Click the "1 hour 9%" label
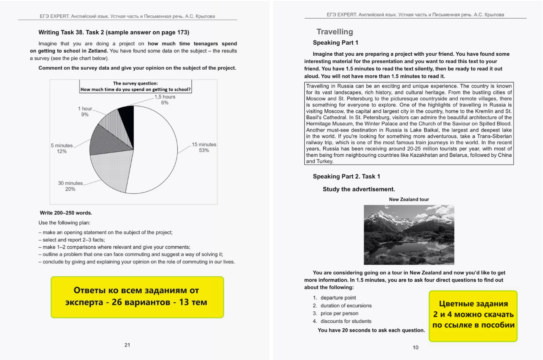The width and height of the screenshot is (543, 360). (85, 111)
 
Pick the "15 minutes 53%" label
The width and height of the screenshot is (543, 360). (204, 148)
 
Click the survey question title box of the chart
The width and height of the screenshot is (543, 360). (137, 86)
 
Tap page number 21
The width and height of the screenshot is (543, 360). (127, 345)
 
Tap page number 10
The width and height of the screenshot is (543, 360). (415, 348)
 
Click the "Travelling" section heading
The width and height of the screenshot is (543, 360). (335, 32)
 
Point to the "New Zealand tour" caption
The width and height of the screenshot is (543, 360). (409, 199)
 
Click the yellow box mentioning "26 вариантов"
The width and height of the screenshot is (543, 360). (137, 296)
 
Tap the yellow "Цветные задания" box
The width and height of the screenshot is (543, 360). (472, 315)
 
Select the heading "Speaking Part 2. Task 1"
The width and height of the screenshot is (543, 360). (346, 176)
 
